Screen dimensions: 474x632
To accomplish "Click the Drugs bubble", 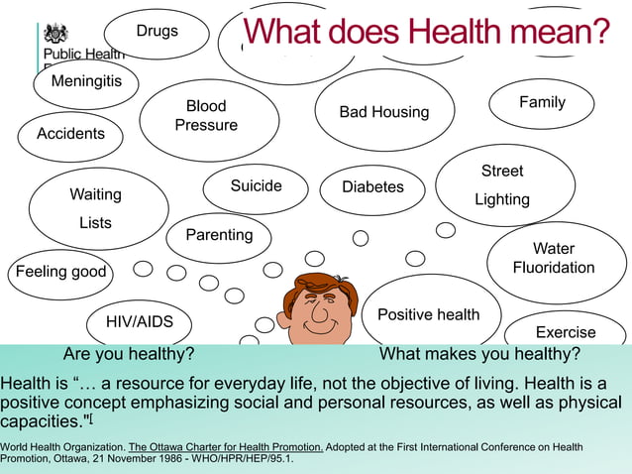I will click(158, 32).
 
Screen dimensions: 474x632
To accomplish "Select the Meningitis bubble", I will click(86, 82).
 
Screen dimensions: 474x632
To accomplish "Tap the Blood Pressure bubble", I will click(207, 116).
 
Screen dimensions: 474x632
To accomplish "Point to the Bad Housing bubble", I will click(384, 112).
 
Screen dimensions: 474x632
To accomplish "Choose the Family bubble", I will click(542, 103).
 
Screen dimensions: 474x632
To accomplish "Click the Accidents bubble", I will click(70, 134).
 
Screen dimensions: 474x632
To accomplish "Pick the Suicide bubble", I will click(256, 186).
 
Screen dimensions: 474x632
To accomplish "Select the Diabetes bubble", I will click(372, 187).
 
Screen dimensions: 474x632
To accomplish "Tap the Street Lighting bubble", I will click(503, 185).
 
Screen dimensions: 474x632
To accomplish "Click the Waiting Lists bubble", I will click(96, 208).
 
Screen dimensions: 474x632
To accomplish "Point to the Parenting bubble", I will click(219, 236).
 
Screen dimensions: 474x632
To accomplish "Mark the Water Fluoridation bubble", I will click(554, 259).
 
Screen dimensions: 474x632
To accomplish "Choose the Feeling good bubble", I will click(60, 272).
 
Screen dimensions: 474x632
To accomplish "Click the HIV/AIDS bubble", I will click(140, 321).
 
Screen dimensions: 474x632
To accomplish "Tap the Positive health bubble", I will click(428, 314).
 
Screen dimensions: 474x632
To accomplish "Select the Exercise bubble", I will click(566, 332).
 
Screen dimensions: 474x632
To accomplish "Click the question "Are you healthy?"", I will click(128, 355).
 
